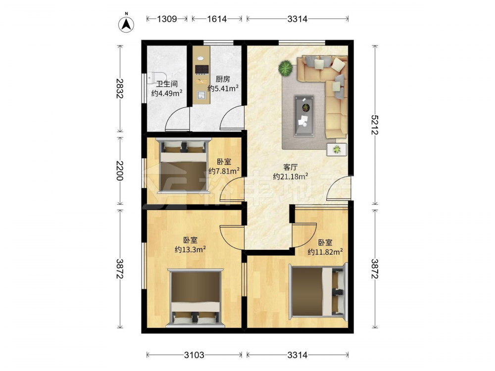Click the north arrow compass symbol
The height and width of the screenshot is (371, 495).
tap(126, 24)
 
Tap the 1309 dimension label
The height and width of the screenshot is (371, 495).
tap(167, 19)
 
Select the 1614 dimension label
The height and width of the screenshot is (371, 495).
tap(217, 19)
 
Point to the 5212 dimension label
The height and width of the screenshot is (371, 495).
tap(375, 125)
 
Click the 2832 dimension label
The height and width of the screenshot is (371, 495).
tap(119, 89)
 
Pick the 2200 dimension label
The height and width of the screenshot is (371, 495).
tap(119, 171)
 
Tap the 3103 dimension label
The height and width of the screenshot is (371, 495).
tap(194, 355)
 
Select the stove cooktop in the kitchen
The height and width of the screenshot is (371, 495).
tap(202, 69)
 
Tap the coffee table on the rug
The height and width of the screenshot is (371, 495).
tap(304, 116)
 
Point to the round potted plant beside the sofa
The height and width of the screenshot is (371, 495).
tap(286, 68)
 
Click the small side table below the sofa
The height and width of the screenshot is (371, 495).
tap(337, 149)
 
